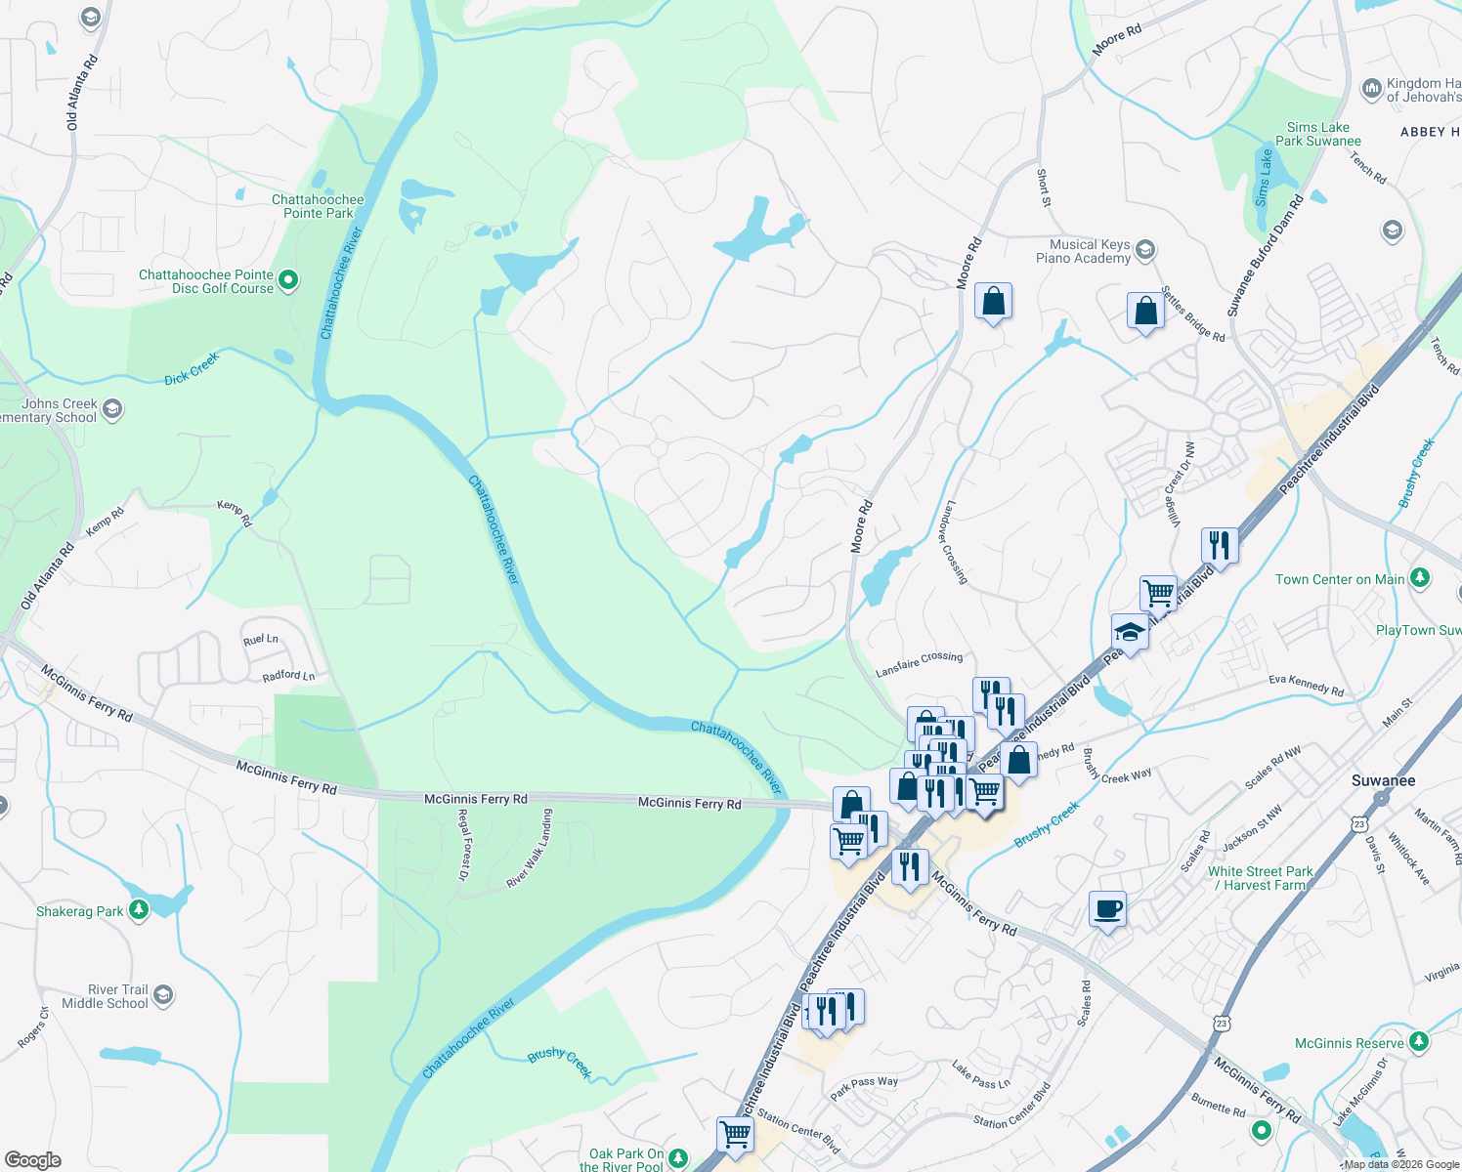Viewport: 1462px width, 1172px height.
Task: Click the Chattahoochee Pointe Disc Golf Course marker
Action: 288,281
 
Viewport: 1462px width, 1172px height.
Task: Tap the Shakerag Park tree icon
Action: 139,911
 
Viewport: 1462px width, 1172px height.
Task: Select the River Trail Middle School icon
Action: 163,996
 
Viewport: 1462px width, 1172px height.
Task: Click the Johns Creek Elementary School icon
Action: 112,409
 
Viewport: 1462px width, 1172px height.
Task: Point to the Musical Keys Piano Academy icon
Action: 1145,251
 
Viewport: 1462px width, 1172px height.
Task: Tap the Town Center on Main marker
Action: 1420,579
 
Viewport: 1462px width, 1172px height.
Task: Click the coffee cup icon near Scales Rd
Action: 1107,909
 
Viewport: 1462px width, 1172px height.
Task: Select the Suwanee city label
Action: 1383,780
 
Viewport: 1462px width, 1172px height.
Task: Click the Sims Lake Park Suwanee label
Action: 1317,134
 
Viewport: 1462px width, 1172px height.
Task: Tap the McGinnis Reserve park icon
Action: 1419,1043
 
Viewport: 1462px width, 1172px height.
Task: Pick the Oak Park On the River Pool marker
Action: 677,1159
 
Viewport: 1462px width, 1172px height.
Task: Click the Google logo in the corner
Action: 32,1160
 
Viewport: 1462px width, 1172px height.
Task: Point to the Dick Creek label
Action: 192,367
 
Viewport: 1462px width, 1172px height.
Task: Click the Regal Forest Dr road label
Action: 464,844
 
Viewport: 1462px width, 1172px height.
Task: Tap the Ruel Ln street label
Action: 261,640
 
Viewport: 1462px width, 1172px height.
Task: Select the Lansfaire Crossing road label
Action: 919,663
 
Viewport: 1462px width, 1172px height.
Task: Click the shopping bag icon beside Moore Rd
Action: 993,303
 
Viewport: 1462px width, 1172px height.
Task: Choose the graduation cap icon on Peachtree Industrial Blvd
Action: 1130,632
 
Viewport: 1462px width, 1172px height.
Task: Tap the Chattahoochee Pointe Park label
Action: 318,206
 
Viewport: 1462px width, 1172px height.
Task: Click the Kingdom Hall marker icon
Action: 1371,90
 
